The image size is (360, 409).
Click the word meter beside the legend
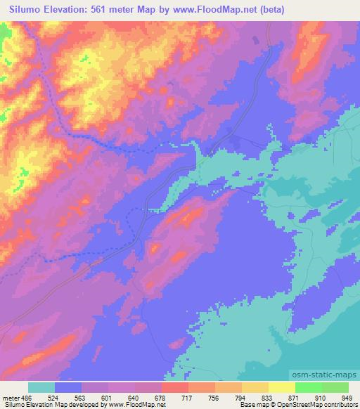[x=11, y=397]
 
